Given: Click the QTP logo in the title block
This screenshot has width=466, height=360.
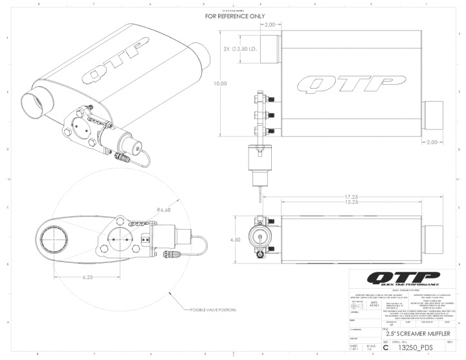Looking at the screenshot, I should (403, 279).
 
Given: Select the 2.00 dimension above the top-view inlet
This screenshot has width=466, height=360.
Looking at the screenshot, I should (270, 25).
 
